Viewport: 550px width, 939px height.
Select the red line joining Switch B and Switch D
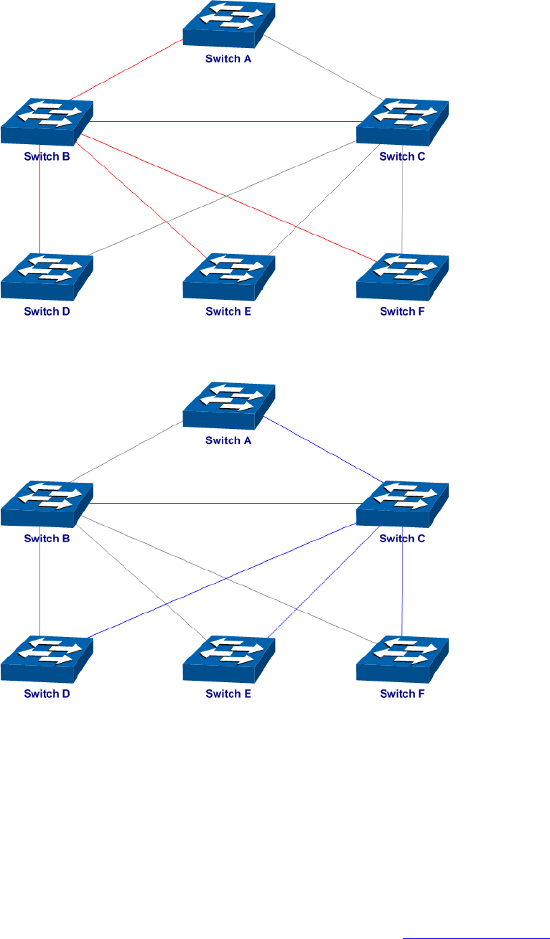39,208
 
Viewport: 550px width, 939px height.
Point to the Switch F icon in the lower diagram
402,659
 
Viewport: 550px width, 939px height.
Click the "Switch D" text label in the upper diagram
47,311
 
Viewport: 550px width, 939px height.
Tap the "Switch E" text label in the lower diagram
228,694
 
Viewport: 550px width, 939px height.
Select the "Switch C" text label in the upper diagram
403,156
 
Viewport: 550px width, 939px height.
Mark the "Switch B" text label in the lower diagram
47,538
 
